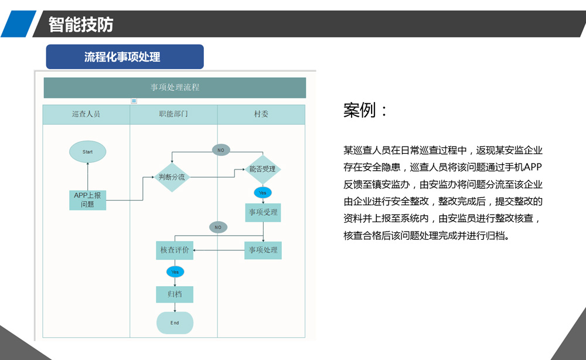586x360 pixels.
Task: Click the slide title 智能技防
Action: [x=81, y=25]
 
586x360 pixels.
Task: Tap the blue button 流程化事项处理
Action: [x=125, y=57]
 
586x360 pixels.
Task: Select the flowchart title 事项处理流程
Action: [x=175, y=87]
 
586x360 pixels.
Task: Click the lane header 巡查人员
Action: [x=86, y=114]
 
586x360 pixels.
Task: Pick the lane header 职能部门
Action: [x=173, y=114]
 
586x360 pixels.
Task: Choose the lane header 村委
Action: [x=261, y=114]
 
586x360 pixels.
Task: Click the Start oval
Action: [x=87, y=152]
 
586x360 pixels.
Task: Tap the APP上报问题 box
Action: [x=87, y=200]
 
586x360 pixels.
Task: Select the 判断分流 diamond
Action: [x=172, y=177]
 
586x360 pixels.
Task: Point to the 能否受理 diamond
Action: [x=262, y=169]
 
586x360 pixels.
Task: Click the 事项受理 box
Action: [x=263, y=212]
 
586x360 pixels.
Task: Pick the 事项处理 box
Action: [x=263, y=250]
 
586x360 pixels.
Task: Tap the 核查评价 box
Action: [x=175, y=250]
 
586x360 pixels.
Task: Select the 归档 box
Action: [x=175, y=294]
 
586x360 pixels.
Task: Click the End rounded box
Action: [x=175, y=323]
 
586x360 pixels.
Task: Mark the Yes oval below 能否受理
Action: [x=263, y=192]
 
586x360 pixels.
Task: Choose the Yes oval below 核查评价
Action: [x=175, y=271]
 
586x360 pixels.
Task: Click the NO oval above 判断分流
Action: [x=221, y=150]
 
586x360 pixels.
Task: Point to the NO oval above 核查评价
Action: [x=218, y=227]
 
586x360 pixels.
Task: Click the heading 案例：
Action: [x=365, y=110]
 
